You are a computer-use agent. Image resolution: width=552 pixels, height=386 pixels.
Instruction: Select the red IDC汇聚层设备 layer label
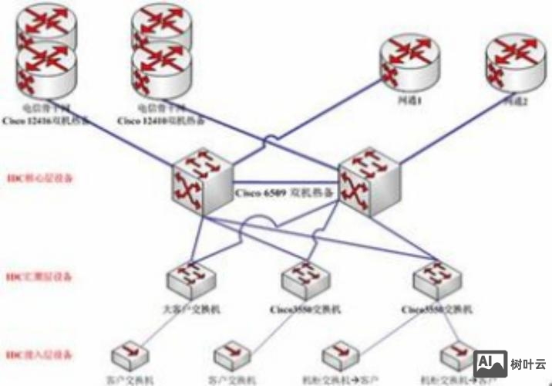tap(39, 276)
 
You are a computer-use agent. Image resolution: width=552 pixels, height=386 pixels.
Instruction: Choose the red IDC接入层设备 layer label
tap(39, 355)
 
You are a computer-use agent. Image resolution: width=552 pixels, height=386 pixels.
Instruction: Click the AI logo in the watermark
tap(487, 362)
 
